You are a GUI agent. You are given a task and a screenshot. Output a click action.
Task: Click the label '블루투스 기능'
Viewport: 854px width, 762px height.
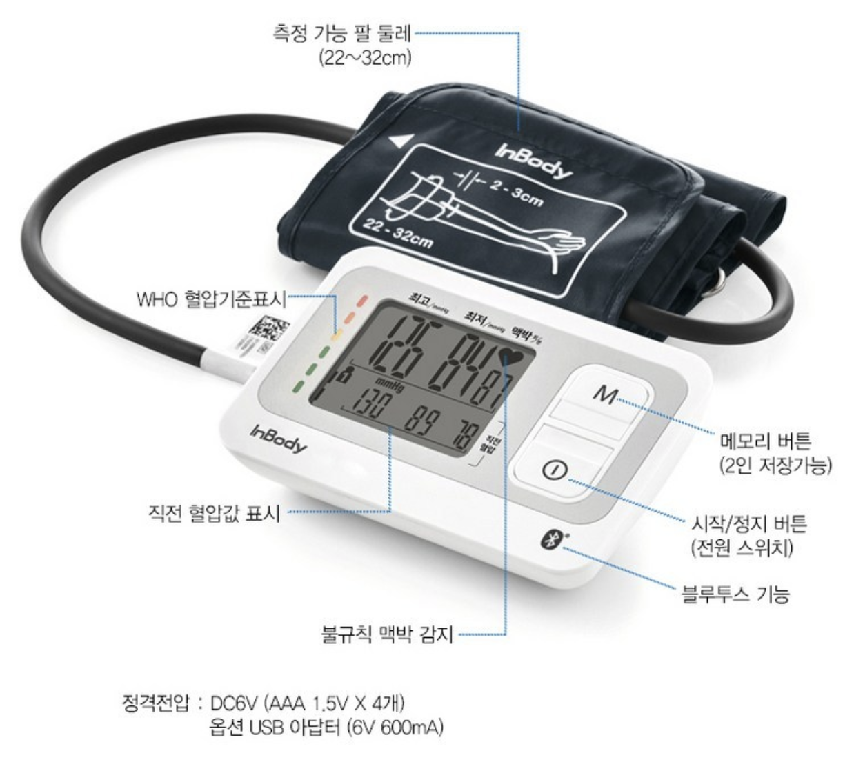735,593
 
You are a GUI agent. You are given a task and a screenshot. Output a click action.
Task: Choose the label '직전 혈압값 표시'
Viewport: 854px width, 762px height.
215,513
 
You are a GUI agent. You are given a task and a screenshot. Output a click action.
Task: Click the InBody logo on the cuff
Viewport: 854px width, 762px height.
533,161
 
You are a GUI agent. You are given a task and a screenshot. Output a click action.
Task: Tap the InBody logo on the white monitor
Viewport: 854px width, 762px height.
278,440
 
